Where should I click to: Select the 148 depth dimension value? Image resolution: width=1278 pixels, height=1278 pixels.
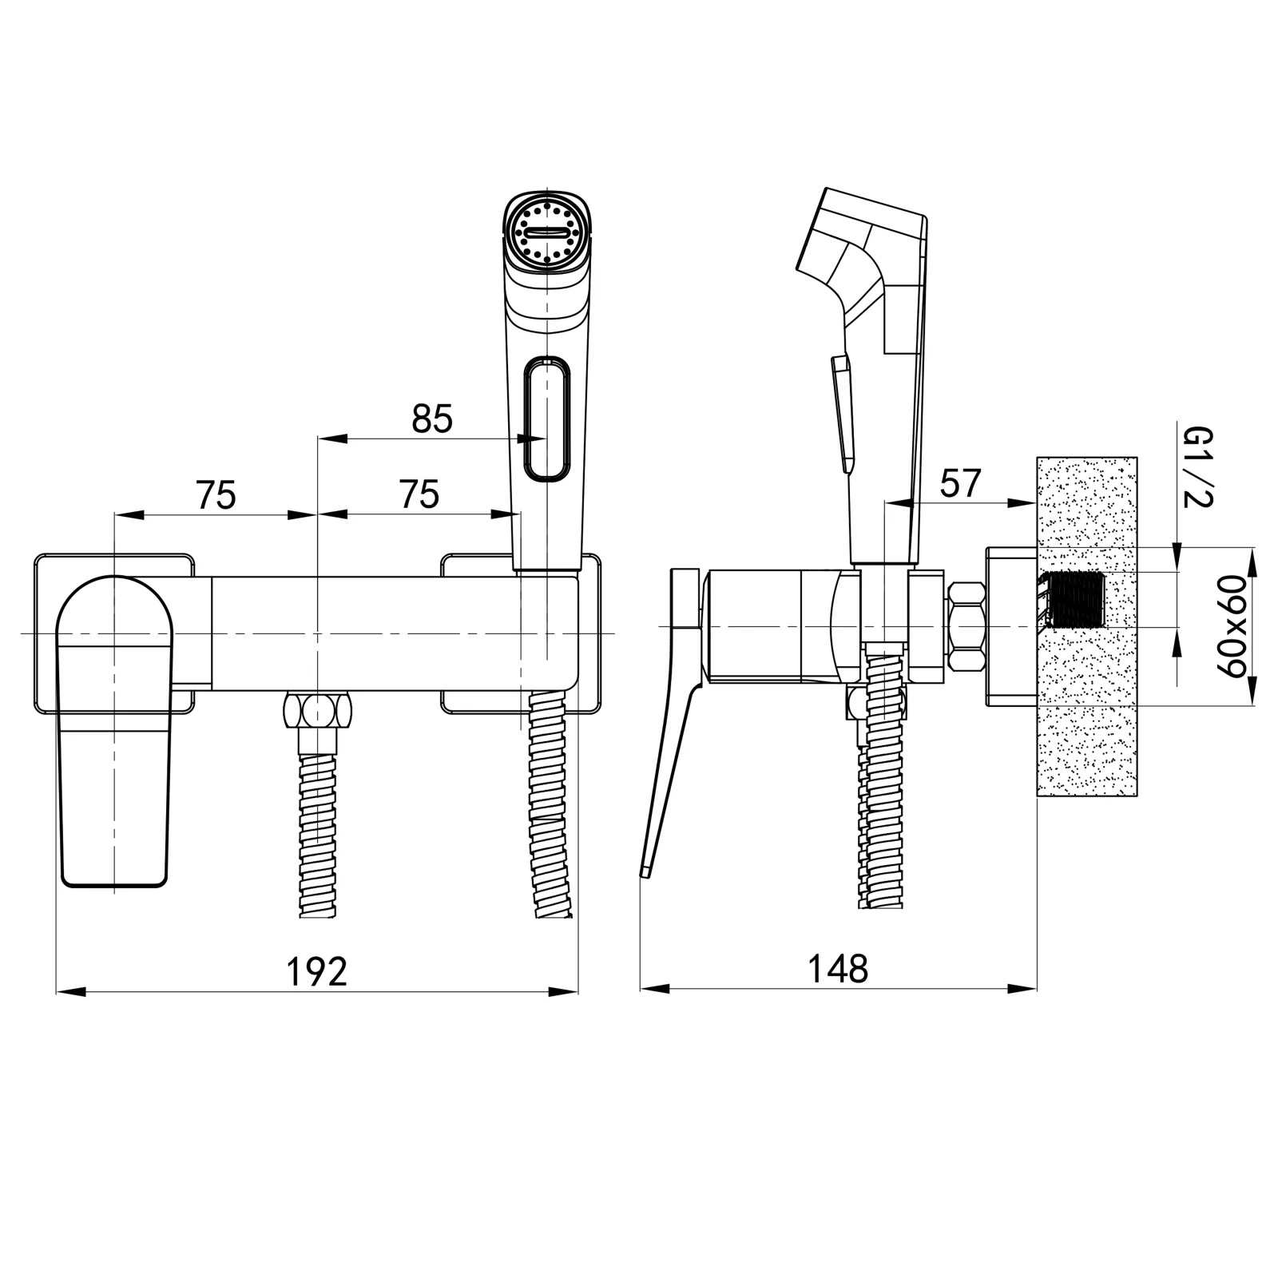point(837,969)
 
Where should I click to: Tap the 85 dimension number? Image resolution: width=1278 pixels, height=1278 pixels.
point(432,419)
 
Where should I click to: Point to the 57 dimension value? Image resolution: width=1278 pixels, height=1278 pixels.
point(960,483)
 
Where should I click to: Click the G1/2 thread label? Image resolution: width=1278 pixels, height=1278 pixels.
point(1198,467)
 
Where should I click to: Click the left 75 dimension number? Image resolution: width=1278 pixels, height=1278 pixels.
point(216,495)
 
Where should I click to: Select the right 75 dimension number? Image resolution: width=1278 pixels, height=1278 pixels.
point(419,494)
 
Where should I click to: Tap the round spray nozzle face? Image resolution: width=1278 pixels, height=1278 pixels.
point(548,233)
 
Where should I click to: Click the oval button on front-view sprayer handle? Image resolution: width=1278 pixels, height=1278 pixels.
point(547,420)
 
